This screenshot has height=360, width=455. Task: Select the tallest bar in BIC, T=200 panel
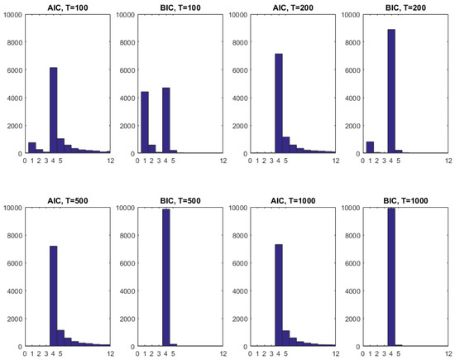(x=391, y=92)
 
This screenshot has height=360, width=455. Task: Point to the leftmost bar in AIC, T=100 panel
(x=31, y=148)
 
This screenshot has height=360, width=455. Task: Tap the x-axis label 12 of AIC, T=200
(x=335, y=161)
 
